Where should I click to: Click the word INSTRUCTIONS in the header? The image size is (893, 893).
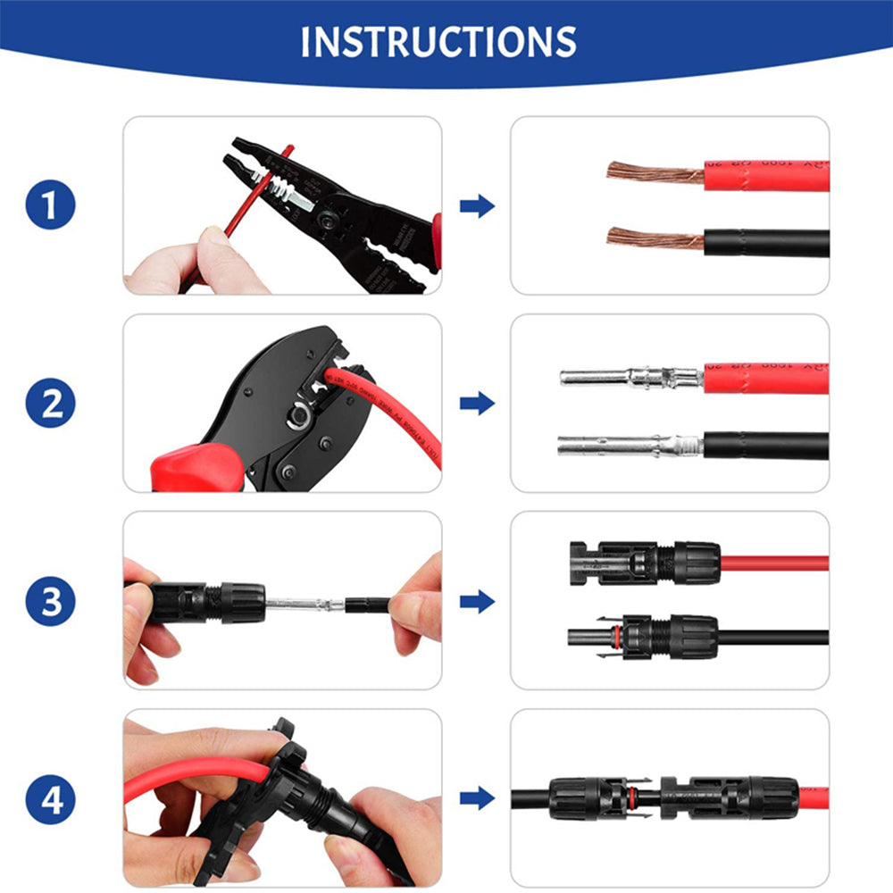(x=438, y=42)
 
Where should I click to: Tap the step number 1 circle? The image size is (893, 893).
(x=50, y=206)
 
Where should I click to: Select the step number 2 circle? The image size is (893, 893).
(x=50, y=404)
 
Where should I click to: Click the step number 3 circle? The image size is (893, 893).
(x=50, y=601)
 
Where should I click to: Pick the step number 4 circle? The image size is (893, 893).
(x=50, y=798)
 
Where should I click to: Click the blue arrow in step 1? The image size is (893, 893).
(x=477, y=206)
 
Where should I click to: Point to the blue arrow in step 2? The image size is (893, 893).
(x=477, y=404)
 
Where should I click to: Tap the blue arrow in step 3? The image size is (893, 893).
(x=477, y=601)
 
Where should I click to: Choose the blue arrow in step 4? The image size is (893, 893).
(x=477, y=798)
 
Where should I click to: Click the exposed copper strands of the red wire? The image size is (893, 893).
(x=655, y=172)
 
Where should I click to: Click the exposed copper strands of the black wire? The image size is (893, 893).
(x=655, y=238)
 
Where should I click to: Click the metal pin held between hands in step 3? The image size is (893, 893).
(x=304, y=605)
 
